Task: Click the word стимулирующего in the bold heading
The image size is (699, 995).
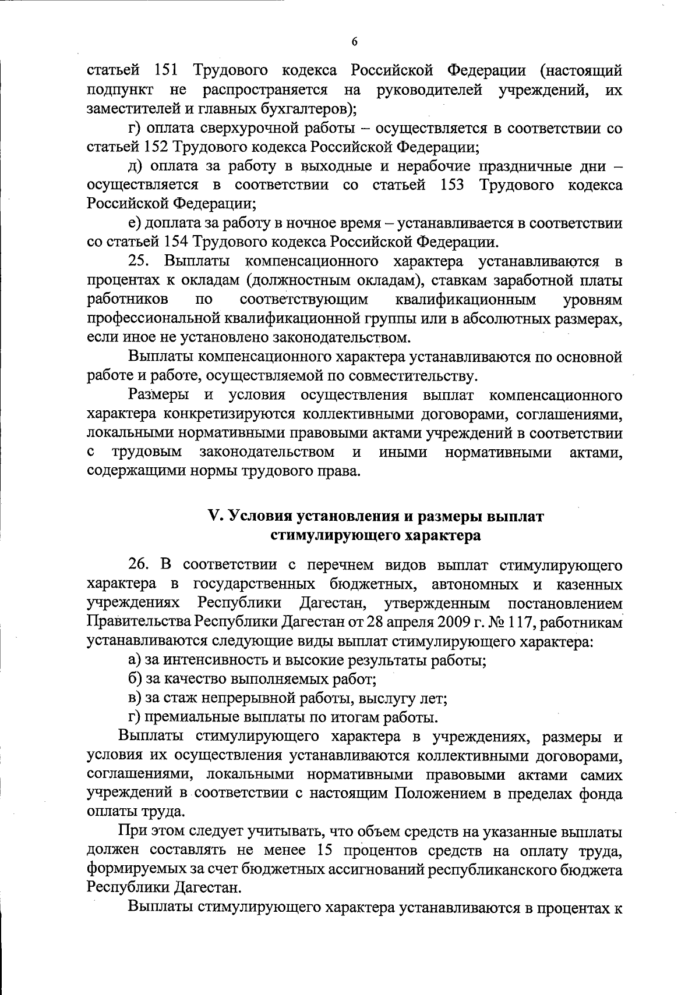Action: pyautogui.click(x=325, y=535)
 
